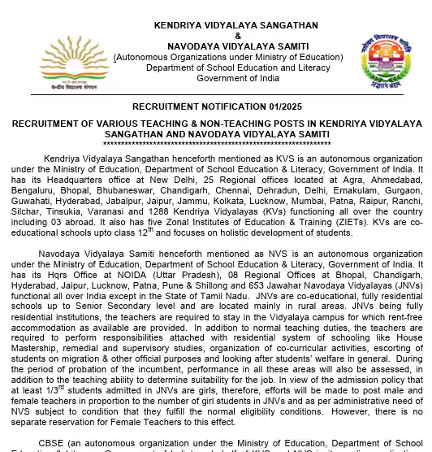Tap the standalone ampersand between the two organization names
[215, 36]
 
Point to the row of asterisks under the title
[215, 144]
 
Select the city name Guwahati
[32, 187]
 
